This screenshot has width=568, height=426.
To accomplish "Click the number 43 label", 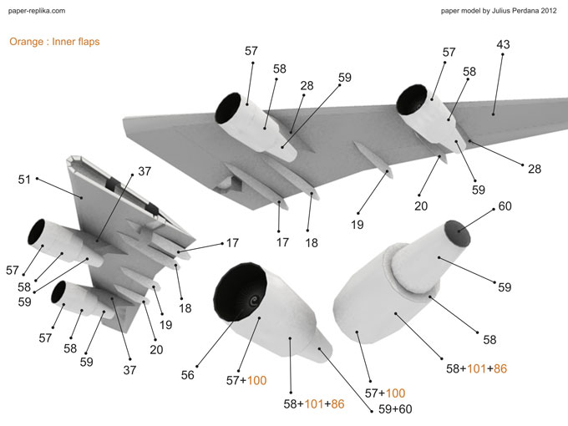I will point(504,44).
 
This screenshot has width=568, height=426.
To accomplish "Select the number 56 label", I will point(187,375).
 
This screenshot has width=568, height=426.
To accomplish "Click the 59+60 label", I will point(394,409).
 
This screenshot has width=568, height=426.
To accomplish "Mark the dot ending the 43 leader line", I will point(494,112).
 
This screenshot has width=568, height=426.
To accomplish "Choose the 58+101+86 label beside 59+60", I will point(312,403).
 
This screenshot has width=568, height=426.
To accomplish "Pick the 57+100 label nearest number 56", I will point(246,381).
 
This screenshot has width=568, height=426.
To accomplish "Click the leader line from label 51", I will point(58,186).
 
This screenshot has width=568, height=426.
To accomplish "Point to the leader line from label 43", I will point(499,82).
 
